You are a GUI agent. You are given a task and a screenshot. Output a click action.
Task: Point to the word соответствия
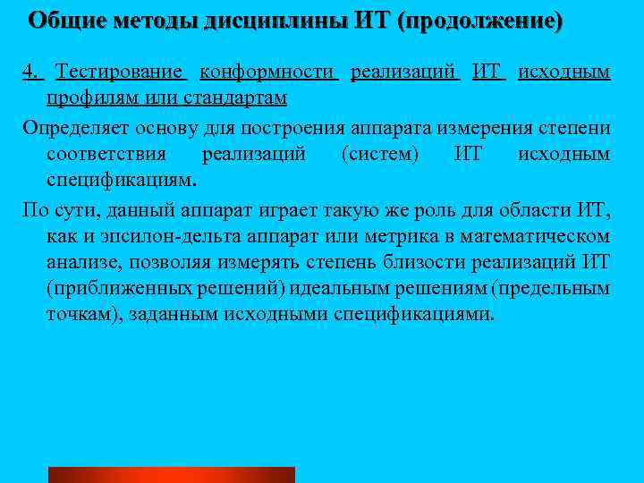click(x=108, y=155)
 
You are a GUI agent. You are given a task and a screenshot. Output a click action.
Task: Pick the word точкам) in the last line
click(x=80, y=315)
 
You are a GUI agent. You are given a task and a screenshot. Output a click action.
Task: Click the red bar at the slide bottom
click(x=171, y=474)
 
